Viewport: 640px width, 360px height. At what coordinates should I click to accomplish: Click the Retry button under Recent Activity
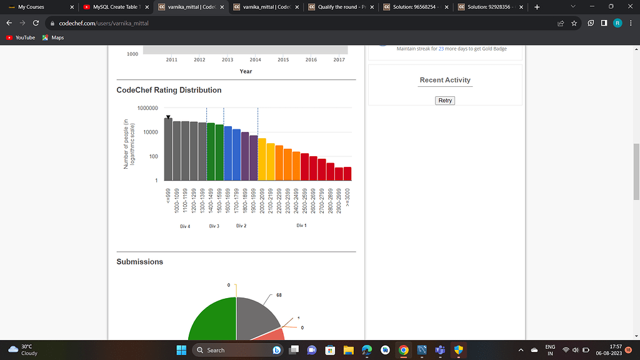445,100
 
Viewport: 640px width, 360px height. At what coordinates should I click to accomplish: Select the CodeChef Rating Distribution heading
169,90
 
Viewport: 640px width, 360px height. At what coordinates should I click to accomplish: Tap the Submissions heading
139,262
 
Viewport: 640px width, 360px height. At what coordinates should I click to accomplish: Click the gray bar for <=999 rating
168,150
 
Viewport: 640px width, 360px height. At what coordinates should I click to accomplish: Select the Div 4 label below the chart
185,226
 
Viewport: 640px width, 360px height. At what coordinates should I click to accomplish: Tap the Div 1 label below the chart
301,225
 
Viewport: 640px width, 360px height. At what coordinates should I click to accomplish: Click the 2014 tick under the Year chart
255,60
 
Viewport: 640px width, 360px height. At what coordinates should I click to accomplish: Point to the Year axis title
246,71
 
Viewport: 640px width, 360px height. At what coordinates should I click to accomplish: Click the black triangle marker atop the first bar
168,117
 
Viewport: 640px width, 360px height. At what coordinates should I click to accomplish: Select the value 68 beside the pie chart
279,294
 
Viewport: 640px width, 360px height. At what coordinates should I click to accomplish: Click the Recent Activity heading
445,80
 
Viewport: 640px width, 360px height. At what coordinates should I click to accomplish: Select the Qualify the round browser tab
341,7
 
